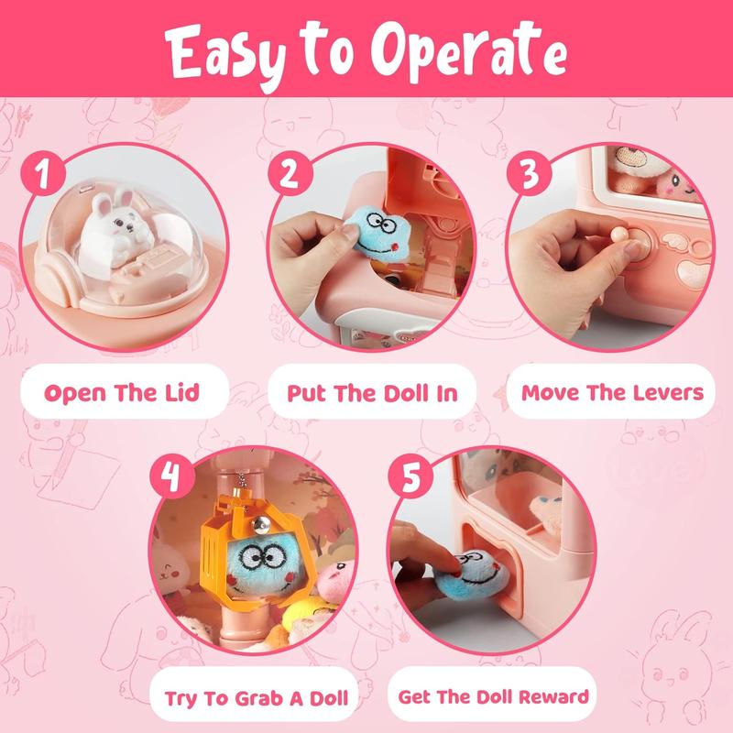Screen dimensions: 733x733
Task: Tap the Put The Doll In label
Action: click(x=371, y=393)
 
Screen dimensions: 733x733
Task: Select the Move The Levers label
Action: click(x=612, y=393)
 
